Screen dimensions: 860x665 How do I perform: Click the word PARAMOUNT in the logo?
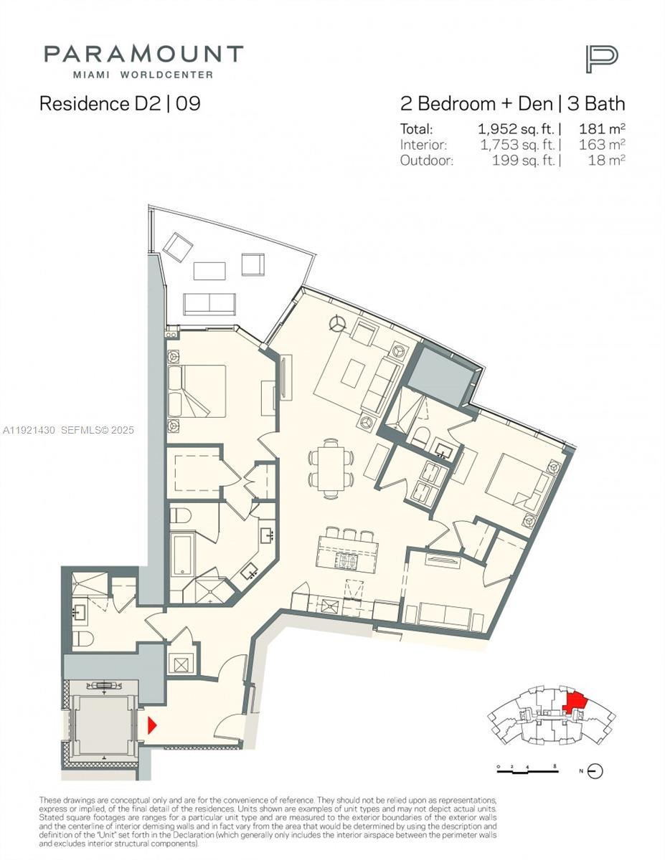[143, 54]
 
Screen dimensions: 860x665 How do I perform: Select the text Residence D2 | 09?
[120, 103]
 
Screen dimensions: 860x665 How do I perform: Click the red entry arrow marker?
[151, 725]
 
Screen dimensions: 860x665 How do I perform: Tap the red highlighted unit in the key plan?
[575, 701]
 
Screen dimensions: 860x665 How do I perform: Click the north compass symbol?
[595, 771]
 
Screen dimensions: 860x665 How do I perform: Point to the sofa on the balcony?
[209, 303]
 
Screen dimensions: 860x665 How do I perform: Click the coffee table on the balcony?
[209, 270]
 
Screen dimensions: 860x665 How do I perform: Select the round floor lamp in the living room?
[335, 323]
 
